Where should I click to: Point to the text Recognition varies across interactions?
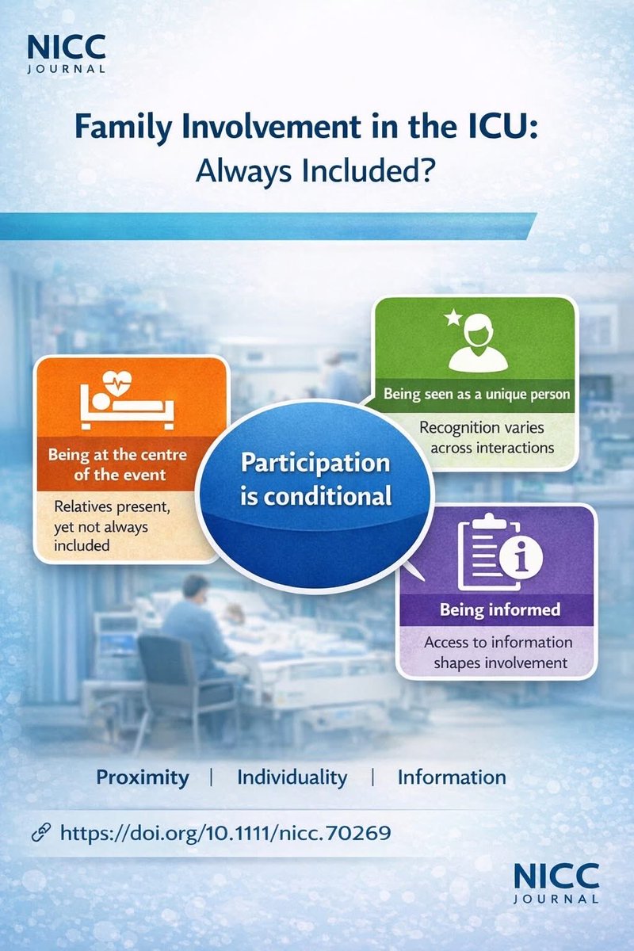(475, 437)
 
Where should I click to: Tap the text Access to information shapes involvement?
(498, 652)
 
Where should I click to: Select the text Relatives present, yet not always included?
(104, 525)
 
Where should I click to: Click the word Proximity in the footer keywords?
(143, 777)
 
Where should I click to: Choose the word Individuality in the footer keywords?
(292, 777)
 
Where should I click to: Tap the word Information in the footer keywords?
(451, 777)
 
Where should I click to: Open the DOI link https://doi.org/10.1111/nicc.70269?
(226, 833)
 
